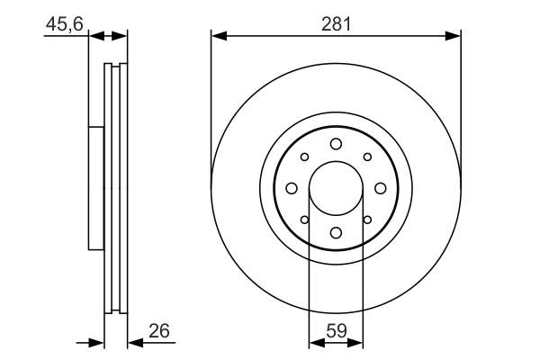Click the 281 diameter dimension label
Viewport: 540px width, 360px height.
[x=336, y=24]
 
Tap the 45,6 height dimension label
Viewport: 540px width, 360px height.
[x=65, y=24]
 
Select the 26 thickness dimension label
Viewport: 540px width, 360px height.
[x=159, y=330]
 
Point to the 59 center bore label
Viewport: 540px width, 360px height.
[x=336, y=331]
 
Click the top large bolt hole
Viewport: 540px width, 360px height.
[x=336, y=144]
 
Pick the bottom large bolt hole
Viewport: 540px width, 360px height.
[x=336, y=233]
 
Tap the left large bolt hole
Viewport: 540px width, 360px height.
[x=292, y=188]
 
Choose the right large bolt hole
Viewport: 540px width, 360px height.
[x=380, y=188]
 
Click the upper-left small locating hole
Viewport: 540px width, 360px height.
[x=304, y=157]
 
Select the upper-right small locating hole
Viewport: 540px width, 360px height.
[x=367, y=157]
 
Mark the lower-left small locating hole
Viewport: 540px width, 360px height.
[x=304, y=220]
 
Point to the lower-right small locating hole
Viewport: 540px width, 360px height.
[x=367, y=220]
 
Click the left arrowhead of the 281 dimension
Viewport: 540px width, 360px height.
[x=219, y=36]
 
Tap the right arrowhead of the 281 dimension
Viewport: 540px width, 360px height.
[x=453, y=36]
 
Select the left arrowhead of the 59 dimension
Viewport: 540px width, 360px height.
[x=317, y=343]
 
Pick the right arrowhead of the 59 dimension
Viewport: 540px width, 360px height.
[x=355, y=343]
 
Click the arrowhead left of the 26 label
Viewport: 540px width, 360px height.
[x=135, y=343]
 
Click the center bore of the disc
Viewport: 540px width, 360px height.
[x=336, y=188]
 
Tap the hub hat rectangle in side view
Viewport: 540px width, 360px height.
[x=96, y=188]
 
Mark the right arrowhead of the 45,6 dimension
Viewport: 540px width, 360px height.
[x=120, y=36]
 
